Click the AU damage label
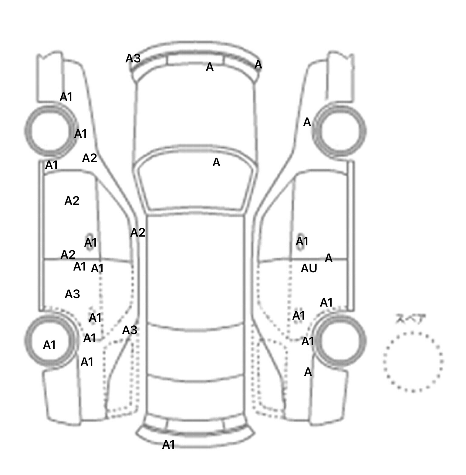309,268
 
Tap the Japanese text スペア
410,319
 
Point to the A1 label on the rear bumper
169,445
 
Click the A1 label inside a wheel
49,345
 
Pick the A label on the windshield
216,163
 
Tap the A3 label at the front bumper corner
133,58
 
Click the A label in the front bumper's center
210,67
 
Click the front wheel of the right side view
340,131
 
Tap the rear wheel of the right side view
340,341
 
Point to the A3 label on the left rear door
72,294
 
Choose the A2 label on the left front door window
72,201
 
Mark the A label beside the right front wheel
307,122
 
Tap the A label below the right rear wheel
308,372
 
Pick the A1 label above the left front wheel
66,97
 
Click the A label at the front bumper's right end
258,64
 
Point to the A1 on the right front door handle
302,241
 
